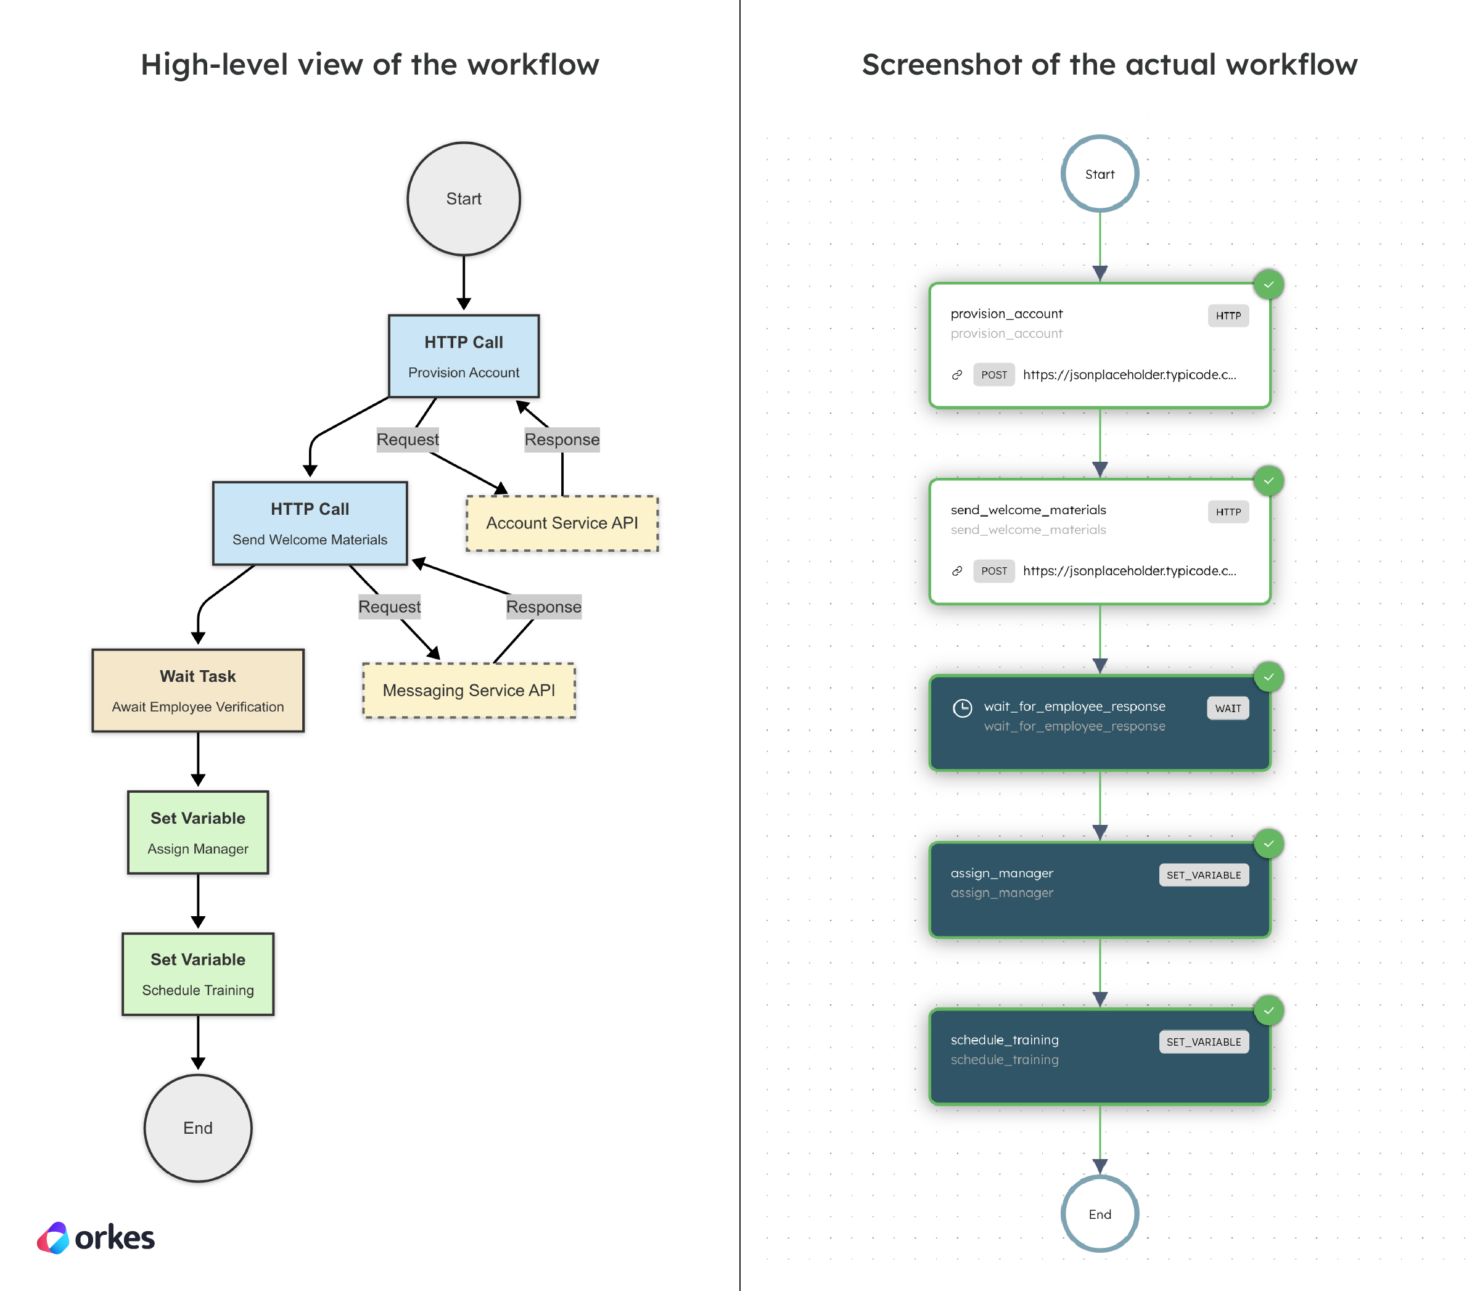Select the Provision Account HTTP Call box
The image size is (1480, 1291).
463,356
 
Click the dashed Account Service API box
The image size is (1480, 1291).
562,523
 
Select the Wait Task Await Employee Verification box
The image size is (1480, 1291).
197,690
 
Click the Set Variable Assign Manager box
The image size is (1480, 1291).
197,832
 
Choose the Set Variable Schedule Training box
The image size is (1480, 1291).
197,974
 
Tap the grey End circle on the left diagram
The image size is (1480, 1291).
197,1128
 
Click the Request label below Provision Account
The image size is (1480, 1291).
407,440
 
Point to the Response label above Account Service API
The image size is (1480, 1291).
562,440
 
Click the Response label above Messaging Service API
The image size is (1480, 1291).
543,607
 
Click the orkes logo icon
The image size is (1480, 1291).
53,1238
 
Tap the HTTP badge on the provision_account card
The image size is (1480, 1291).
1228,316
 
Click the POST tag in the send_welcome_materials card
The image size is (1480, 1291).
993,570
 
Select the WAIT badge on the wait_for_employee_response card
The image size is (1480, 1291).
1228,708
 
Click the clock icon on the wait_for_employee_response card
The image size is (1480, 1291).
962,708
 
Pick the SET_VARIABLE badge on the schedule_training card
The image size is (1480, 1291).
1203,1042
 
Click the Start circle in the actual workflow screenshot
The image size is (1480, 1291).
1100,174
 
